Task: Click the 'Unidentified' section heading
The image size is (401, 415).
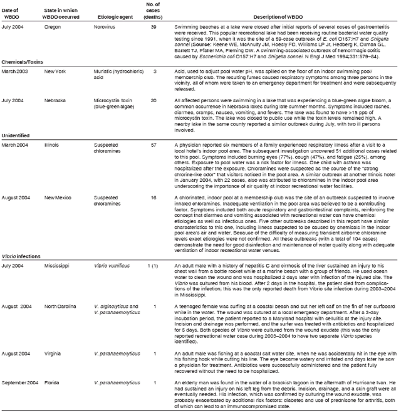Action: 18,152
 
